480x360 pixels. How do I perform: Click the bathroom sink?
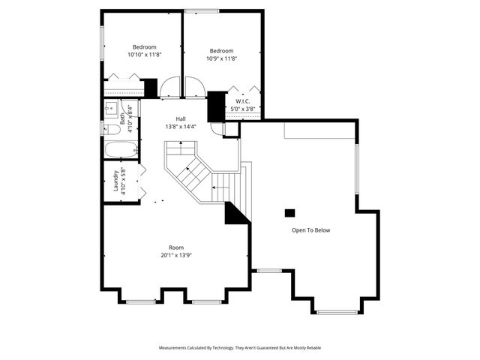click(110, 106)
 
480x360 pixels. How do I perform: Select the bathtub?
click(119, 148)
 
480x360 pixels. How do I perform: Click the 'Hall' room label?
click(181, 118)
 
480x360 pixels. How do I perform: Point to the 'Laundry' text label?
click(116, 181)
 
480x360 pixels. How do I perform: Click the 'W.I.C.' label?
click(243, 100)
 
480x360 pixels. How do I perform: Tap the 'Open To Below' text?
click(310, 230)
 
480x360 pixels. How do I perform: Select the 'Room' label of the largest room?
click(176, 247)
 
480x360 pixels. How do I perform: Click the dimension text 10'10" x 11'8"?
click(145, 54)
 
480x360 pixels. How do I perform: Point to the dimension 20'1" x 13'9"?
click(176, 255)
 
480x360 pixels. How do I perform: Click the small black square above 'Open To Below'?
click(289, 212)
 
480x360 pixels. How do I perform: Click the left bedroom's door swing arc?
click(170, 87)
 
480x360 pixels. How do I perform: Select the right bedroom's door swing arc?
click(193, 87)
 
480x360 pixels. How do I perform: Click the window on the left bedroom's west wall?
click(102, 37)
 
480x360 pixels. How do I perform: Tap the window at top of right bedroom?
click(202, 10)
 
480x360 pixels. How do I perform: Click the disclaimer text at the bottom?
click(240, 348)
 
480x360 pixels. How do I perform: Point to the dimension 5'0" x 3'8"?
click(243, 109)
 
